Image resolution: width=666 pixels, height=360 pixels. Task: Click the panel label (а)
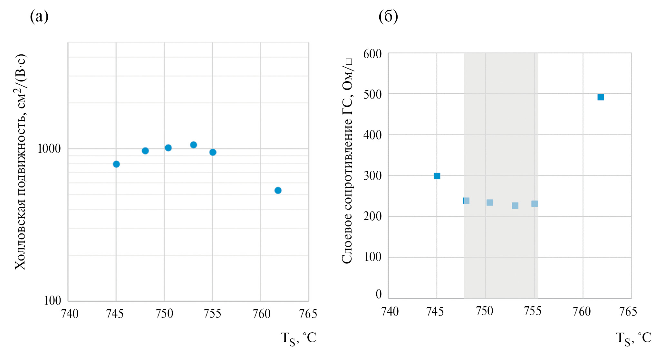[x=39, y=16]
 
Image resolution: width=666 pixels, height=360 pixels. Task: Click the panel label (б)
[x=388, y=16]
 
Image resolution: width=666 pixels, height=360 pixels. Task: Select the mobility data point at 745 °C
[x=116, y=164]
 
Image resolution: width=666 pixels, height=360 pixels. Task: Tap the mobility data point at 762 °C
[x=278, y=190]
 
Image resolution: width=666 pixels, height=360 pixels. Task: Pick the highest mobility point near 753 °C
[x=193, y=145]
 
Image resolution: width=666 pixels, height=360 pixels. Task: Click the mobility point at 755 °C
[x=213, y=152]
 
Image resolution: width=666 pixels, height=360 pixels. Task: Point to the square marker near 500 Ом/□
[x=601, y=97]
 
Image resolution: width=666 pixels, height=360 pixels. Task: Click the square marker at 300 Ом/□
[x=437, y=176]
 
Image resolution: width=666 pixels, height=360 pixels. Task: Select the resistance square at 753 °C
[x=515, y=205]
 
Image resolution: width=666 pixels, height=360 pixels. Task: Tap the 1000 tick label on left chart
[x=49, y=149]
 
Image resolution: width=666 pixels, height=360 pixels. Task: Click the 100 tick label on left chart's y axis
[x=52, y=301]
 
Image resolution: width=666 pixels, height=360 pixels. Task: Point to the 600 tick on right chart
[x=372, y=54]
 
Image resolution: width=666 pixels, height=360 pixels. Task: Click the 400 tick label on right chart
[x=372, y=135]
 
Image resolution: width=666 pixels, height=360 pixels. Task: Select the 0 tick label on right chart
[x=379, y=294]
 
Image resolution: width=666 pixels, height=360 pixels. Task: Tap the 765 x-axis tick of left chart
[x=308, y=314]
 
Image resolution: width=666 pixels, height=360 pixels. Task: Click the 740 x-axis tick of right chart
[x=390, y=311]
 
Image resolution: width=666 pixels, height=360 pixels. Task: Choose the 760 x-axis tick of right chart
[x=582, y=311]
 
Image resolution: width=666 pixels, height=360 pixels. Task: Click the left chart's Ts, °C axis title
[x=298, y=338]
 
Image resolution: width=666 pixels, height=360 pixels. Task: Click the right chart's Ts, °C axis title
[x=633, y=338]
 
